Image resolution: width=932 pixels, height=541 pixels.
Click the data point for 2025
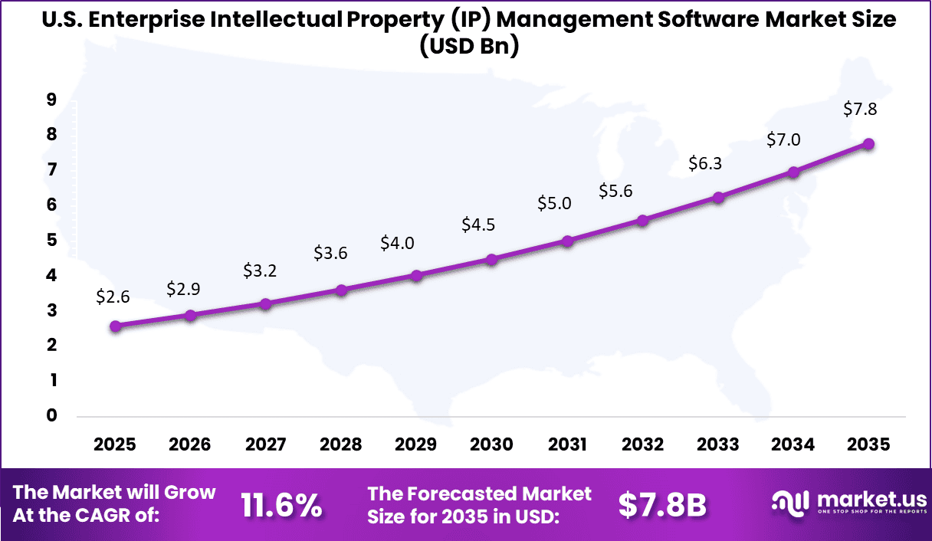click(x=115, y=326)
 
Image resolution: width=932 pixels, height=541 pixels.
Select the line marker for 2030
click(x=492, y=259)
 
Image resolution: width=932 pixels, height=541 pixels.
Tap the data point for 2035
click(x=868, y=143)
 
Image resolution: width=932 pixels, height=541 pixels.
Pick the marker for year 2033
click(x=718, y=197)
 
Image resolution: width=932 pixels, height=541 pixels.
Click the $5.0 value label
click(x=554, y=203)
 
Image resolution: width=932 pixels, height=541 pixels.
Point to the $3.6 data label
click(x=330, y=253)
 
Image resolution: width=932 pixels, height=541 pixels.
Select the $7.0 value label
click(x=783, y=139)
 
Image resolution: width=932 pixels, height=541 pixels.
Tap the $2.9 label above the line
click(x=184, y=290)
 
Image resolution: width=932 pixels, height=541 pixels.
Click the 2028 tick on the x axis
click(x=341, y=444)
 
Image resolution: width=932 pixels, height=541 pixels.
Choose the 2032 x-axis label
click(x=642, y=444)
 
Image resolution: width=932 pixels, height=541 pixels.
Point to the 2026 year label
click(x=191, y=444)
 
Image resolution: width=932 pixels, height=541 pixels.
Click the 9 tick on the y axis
click(x=51, y=99)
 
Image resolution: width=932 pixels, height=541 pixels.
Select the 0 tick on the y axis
click(x=51, y=415)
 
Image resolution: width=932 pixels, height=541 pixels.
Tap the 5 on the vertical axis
click(x=51, y=240)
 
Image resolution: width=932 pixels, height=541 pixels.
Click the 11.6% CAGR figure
click(x=281, y=505)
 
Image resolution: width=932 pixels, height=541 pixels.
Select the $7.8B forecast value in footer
click(x=661, y=505)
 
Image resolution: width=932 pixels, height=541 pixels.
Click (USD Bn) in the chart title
click(x=469, y=47)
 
